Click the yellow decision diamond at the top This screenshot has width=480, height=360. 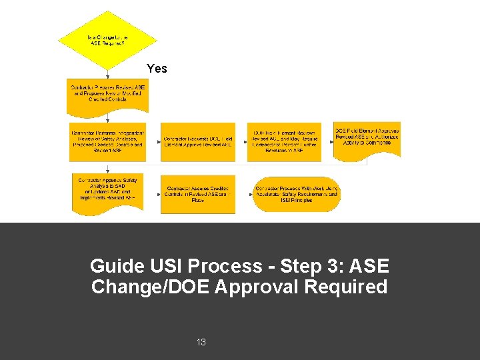coord(107,39)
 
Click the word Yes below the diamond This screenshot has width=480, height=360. coord(157,69)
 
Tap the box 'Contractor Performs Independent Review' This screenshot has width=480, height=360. coord(107,141)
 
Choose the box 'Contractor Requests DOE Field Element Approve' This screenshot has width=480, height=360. coord(198,141)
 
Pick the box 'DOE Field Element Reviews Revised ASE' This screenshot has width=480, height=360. coord(285,141)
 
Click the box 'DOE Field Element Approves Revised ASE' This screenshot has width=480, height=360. coord(367,138)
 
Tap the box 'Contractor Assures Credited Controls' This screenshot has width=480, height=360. coord(198,194)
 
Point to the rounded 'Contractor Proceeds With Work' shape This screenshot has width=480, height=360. coord(297,194)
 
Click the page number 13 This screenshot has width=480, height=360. coord(201,342)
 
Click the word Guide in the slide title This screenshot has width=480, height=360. coord(117,266)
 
